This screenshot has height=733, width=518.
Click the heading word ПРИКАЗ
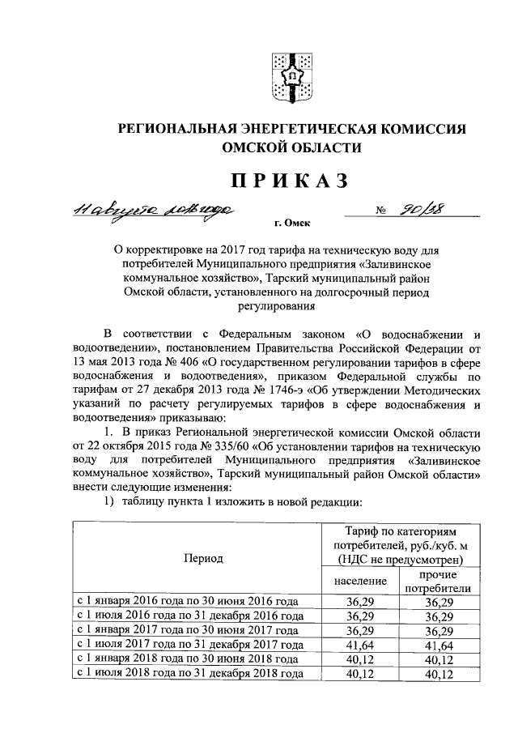click(293, 179)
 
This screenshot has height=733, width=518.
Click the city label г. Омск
click(292, 222)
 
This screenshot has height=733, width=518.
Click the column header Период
click(202, 558)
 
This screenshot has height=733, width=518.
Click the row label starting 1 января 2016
click(186, 602)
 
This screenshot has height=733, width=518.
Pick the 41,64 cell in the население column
click(355, 645)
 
